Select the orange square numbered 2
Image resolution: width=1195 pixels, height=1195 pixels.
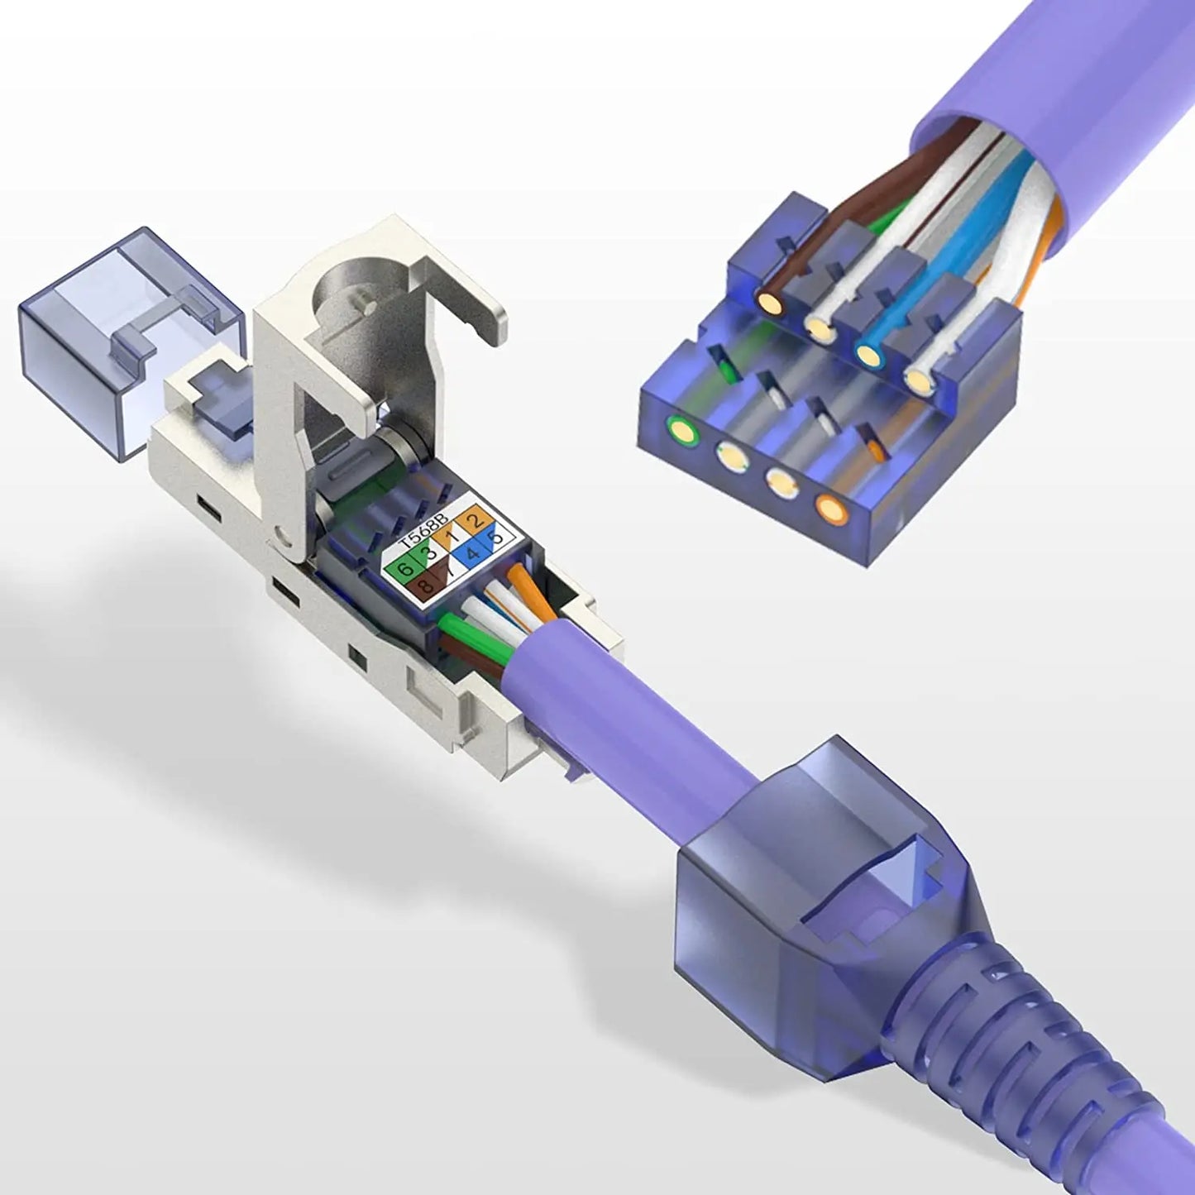click(476, 522)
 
